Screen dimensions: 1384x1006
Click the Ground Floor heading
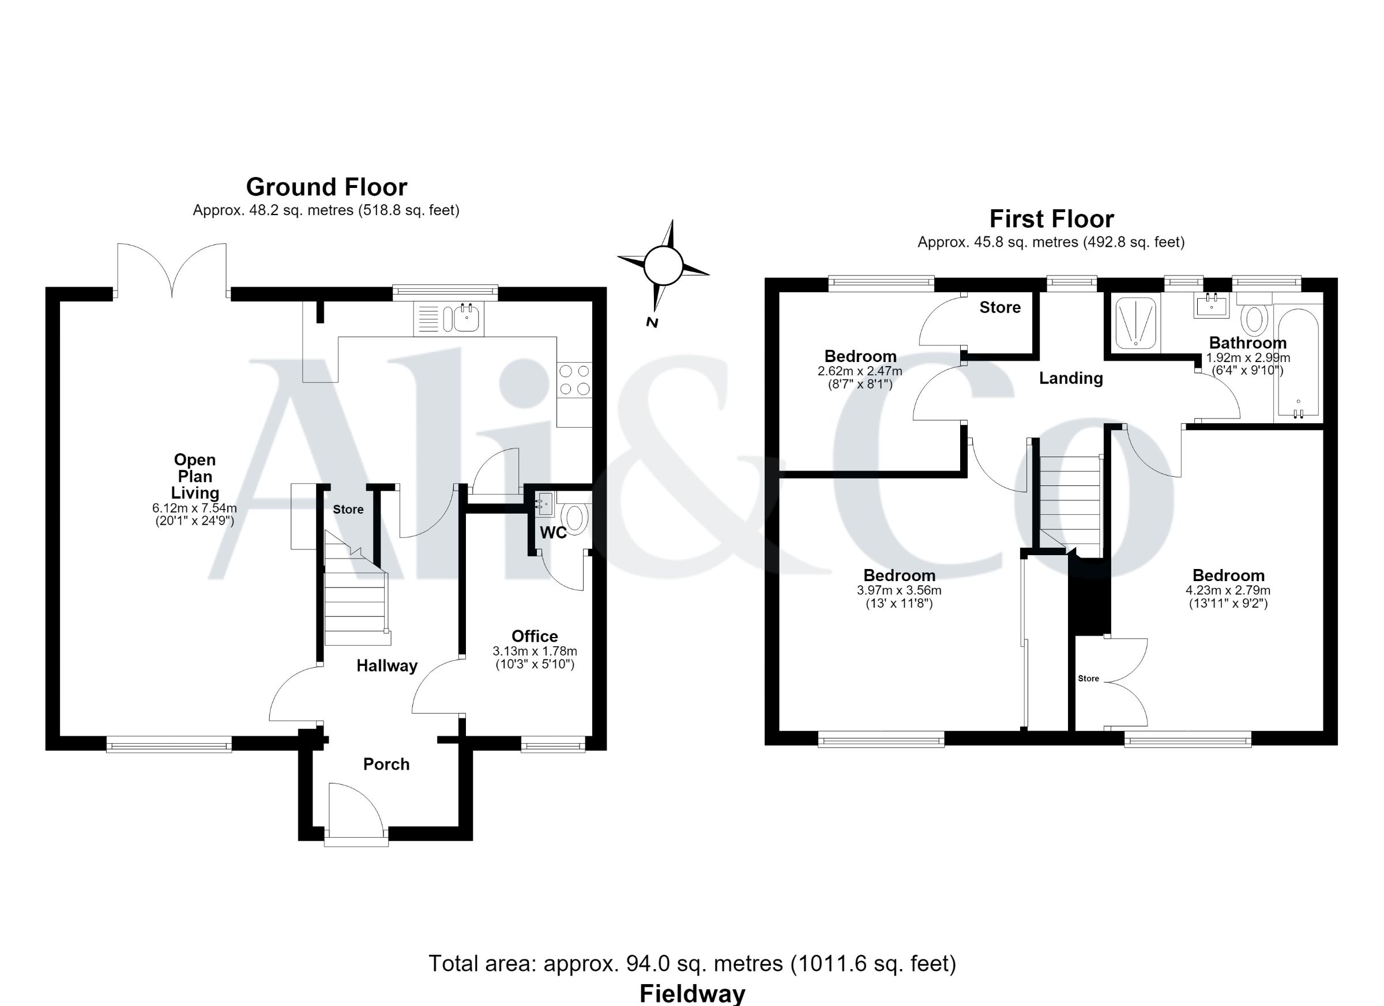tap(326, 187)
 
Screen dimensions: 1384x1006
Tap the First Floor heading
tap(1051, 218)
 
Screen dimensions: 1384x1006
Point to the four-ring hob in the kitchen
tap(574, 379)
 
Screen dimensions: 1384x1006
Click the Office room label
tap(535, 636)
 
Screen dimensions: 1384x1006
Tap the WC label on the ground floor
tap(553, 533)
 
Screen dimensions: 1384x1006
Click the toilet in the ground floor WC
tap(574, 516)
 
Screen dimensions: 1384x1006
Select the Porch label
tap(386, 764)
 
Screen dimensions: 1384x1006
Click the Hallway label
tap(387, 666)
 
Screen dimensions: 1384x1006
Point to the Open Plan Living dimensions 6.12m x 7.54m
tap(195, 507)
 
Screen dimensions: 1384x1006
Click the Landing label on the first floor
tap(1071, 378)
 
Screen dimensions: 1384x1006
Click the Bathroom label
tap(1247, 343)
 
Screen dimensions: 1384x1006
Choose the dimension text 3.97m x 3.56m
tap(899, 590)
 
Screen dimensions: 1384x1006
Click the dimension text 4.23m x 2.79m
tap(1228, 590)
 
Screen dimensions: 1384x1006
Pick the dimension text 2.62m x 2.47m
tap(860, 371)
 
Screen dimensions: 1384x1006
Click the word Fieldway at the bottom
tap(692, 994)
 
